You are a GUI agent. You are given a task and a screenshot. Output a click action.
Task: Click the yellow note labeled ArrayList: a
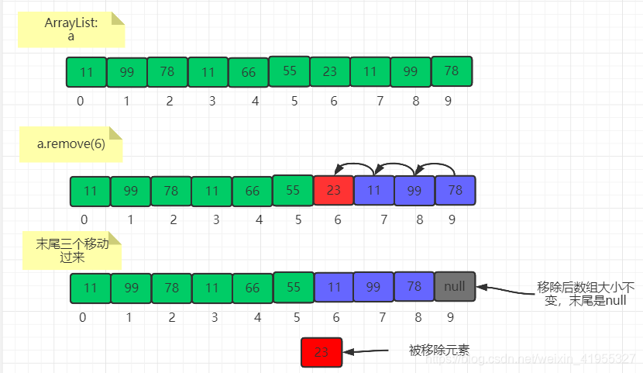[70, 30]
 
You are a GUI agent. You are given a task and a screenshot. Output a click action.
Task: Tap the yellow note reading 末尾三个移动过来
[70, 250]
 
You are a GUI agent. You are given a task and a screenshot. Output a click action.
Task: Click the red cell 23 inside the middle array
[333, 191]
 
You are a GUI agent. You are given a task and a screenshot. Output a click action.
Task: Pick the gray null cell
[455, 286]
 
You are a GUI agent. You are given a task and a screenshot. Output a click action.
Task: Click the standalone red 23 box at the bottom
[321, 351]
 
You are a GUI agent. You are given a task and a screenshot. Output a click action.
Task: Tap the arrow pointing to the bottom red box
[368, 351]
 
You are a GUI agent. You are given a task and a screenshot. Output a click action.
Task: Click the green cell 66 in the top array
[249, 72]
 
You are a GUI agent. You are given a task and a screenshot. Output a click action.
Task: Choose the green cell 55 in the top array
[290, 71]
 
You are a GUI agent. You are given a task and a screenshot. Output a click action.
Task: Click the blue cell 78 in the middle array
[456, 191]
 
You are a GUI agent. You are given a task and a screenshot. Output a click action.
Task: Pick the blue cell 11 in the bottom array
[334, 286]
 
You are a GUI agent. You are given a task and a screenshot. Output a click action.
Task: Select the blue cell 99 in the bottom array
[373, 286]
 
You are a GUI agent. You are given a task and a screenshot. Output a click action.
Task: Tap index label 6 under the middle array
[337, 220]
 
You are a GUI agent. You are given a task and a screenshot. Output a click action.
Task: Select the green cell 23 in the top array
[330, 71]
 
